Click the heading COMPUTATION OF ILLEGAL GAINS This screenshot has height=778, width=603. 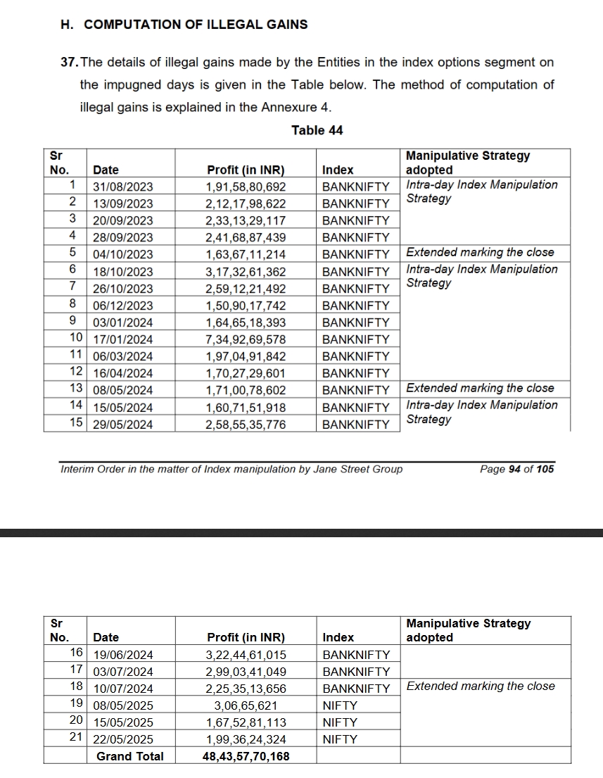tap(195, 25)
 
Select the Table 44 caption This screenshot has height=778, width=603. tap(317, 130)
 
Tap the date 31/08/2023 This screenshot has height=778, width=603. tap(122, 187)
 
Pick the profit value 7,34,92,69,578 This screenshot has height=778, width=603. tap(246, 339)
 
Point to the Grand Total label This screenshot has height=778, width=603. tap(129, 757)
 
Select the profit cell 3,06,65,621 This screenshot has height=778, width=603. tap(246, 705)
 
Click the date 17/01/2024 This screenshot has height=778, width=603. tap(122, 339)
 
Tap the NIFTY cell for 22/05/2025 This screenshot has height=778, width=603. tap(340, 740)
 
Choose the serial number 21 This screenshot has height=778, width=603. tap(77, 739)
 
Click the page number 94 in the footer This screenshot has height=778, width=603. tap(514, 470)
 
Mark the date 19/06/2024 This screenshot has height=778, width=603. tap(122, 655)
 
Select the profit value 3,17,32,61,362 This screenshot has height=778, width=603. tap(246, 272)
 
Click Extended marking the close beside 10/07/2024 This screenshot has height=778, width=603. tap(481, 686)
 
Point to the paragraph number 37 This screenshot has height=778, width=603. tap(70, 63)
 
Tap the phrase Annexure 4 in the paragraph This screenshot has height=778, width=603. tap(301, 108)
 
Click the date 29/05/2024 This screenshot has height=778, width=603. tap(122, 425)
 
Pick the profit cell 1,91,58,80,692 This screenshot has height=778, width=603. tap(246, 187)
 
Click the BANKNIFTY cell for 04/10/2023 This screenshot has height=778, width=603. tap(355, 255)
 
